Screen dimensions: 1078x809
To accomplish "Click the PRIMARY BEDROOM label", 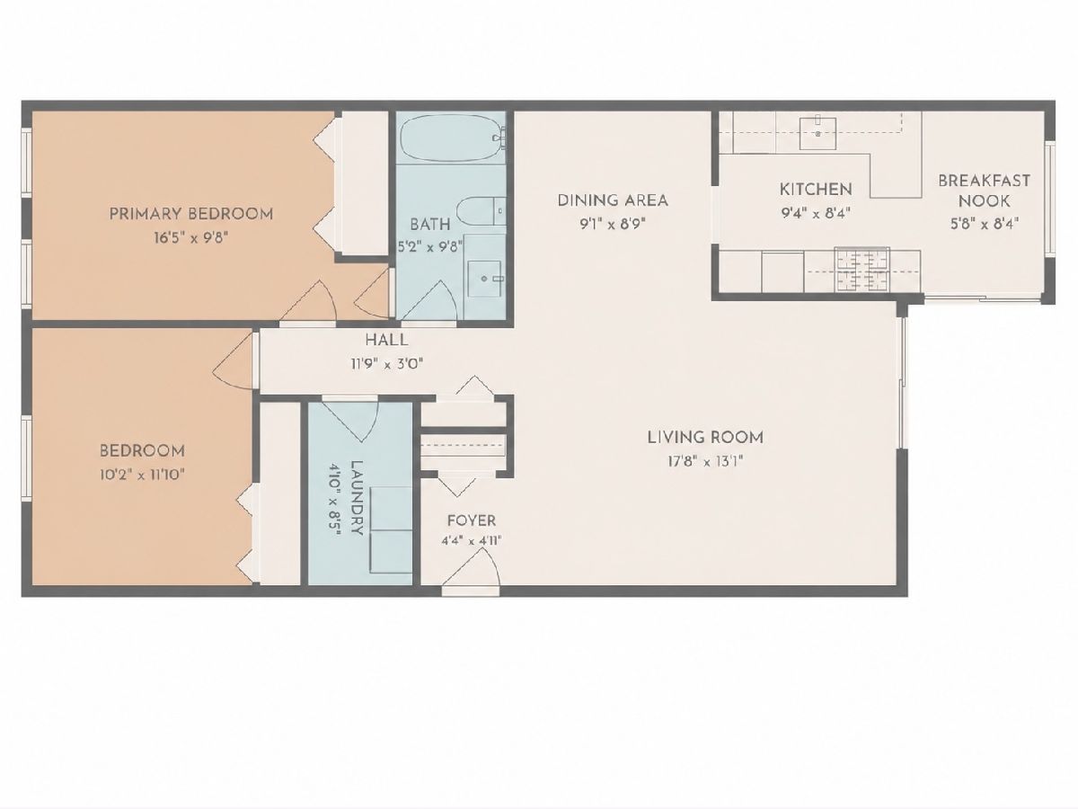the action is (x=191, y=214).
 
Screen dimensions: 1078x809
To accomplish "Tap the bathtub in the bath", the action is (x=451, y=138).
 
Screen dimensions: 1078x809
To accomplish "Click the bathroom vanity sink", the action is (x=485, y=279).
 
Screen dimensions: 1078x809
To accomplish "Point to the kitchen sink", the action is (x=817, y=133).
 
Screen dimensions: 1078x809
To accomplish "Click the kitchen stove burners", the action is (x=862, y=271).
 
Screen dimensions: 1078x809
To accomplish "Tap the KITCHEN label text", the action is (x=816, y=189).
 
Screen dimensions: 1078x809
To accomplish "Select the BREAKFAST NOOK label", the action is (x=985, y=191).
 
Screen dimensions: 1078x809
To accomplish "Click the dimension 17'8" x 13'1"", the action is (x=705, y=462).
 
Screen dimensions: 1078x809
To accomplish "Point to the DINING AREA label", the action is (x=613, y=200).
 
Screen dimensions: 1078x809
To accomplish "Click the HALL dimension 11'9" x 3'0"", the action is (x=387, y=364).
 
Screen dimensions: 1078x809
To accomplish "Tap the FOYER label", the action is (x=472, y=520).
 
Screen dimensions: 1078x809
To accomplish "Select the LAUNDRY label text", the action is (x=357, y=498).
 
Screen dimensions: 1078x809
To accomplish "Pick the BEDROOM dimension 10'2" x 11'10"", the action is (x=142, y=475).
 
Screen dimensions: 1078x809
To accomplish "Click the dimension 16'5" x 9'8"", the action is (x=191, y=238).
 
